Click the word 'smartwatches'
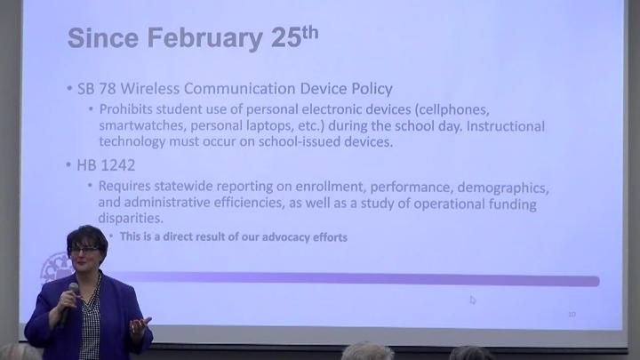click(144, 125)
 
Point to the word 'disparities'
click(131, 219)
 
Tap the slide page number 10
click(572, 314)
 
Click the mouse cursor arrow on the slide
click(473, 300)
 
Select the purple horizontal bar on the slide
click(356, 281)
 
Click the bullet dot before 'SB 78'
click(69, 90)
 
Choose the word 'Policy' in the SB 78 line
click(367, 89)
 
